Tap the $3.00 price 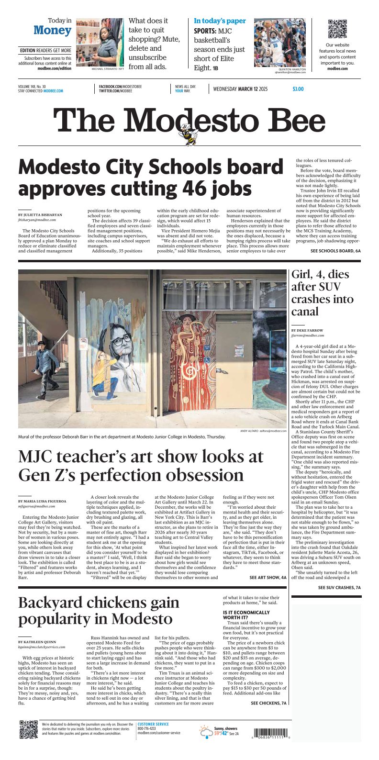coord(298,89)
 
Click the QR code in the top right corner coord(337,29)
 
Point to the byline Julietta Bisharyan coord(40,215)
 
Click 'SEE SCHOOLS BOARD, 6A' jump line coord(335,250)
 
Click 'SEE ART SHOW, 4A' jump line coord(268,578)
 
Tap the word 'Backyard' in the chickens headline coord(53,603)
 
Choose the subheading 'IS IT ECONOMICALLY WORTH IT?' coord(246,615)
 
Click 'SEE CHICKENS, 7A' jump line coord(268,703)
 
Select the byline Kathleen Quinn coord(37,642)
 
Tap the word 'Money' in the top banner coord(52,30)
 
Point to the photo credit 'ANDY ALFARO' coord(249,431)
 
